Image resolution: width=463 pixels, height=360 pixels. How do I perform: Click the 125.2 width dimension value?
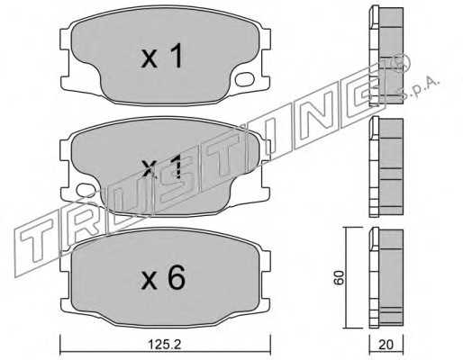pos(165,345)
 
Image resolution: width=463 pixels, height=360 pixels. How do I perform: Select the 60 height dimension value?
pos(339,278)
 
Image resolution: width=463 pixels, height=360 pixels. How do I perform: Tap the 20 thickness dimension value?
pos(386,345)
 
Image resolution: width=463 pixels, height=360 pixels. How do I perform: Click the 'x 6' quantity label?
pos(163,278)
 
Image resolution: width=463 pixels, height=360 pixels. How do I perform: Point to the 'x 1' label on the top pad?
pos(162,56)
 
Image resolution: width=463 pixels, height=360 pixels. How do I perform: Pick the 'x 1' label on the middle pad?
pos(162,166)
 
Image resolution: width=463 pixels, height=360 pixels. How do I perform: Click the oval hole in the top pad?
pos(245,79)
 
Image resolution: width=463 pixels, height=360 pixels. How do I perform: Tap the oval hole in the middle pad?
pos(86,191)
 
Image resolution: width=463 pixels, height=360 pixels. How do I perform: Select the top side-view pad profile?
pos(386,56)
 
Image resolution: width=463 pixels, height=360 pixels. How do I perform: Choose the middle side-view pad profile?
pos(386,166)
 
